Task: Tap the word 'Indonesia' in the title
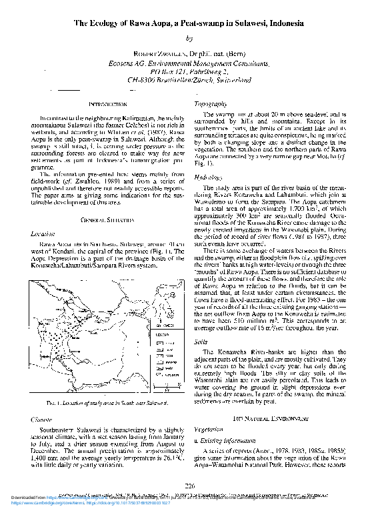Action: click(281, 23)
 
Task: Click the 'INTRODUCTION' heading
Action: click(108, 104)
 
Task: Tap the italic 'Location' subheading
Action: click(43, 234)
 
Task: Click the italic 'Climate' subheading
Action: click(42, 421)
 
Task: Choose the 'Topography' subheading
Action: click(208, 105)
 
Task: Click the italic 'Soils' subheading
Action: click(199, 342)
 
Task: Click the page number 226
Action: click(189, 486)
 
